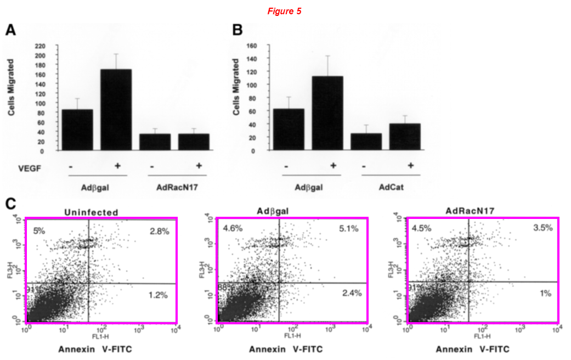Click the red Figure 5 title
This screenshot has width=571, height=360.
284,11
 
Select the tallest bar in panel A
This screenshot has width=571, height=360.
116,110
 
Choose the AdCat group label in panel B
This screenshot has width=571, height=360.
391,187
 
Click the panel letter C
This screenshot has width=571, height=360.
10,204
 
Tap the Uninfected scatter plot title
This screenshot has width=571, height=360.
91,212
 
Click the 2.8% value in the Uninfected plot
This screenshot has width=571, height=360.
159,232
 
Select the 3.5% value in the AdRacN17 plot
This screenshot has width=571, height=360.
540,228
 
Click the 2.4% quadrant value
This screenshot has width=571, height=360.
351,293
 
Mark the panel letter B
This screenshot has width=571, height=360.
237,31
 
